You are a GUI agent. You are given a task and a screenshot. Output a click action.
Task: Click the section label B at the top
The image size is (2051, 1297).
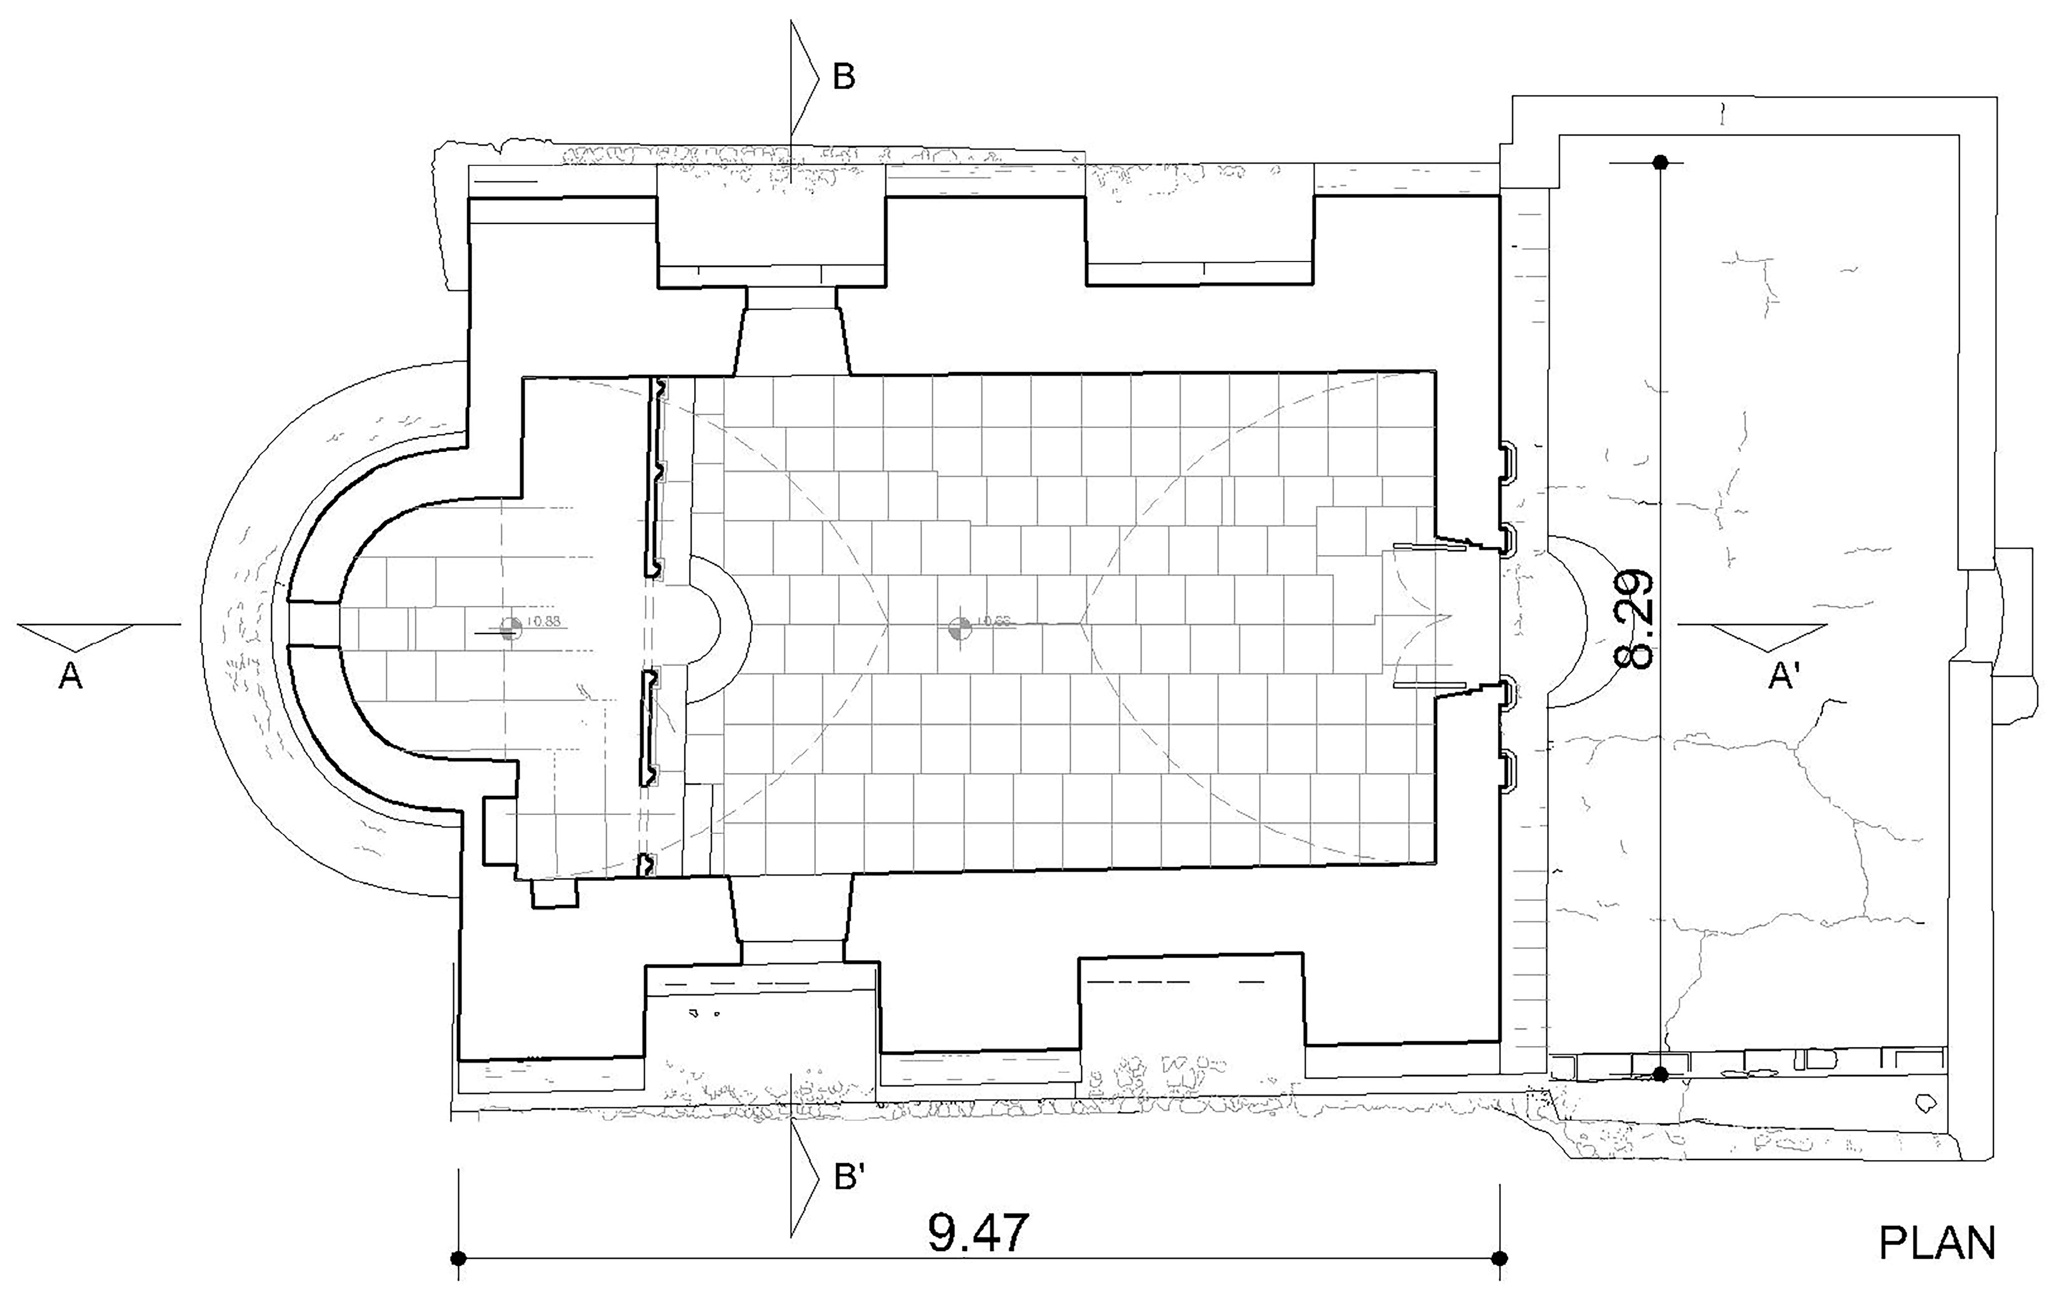click(843, 78)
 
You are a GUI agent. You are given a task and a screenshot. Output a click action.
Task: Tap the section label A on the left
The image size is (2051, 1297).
click(71, 677)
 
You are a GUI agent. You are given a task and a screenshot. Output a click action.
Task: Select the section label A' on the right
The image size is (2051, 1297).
click(1784, 677)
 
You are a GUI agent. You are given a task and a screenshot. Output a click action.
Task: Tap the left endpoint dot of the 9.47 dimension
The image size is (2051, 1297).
click(459, 1258)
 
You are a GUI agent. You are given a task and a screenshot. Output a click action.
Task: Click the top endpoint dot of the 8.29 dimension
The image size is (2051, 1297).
click(1659, 162)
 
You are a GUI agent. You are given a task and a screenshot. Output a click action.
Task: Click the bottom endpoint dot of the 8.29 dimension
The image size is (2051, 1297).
click(1659, 1075)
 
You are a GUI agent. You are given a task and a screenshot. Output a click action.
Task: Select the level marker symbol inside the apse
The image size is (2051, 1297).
click(510, 628)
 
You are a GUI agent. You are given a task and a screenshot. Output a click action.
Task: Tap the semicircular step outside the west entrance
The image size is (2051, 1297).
click(1565, 622)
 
